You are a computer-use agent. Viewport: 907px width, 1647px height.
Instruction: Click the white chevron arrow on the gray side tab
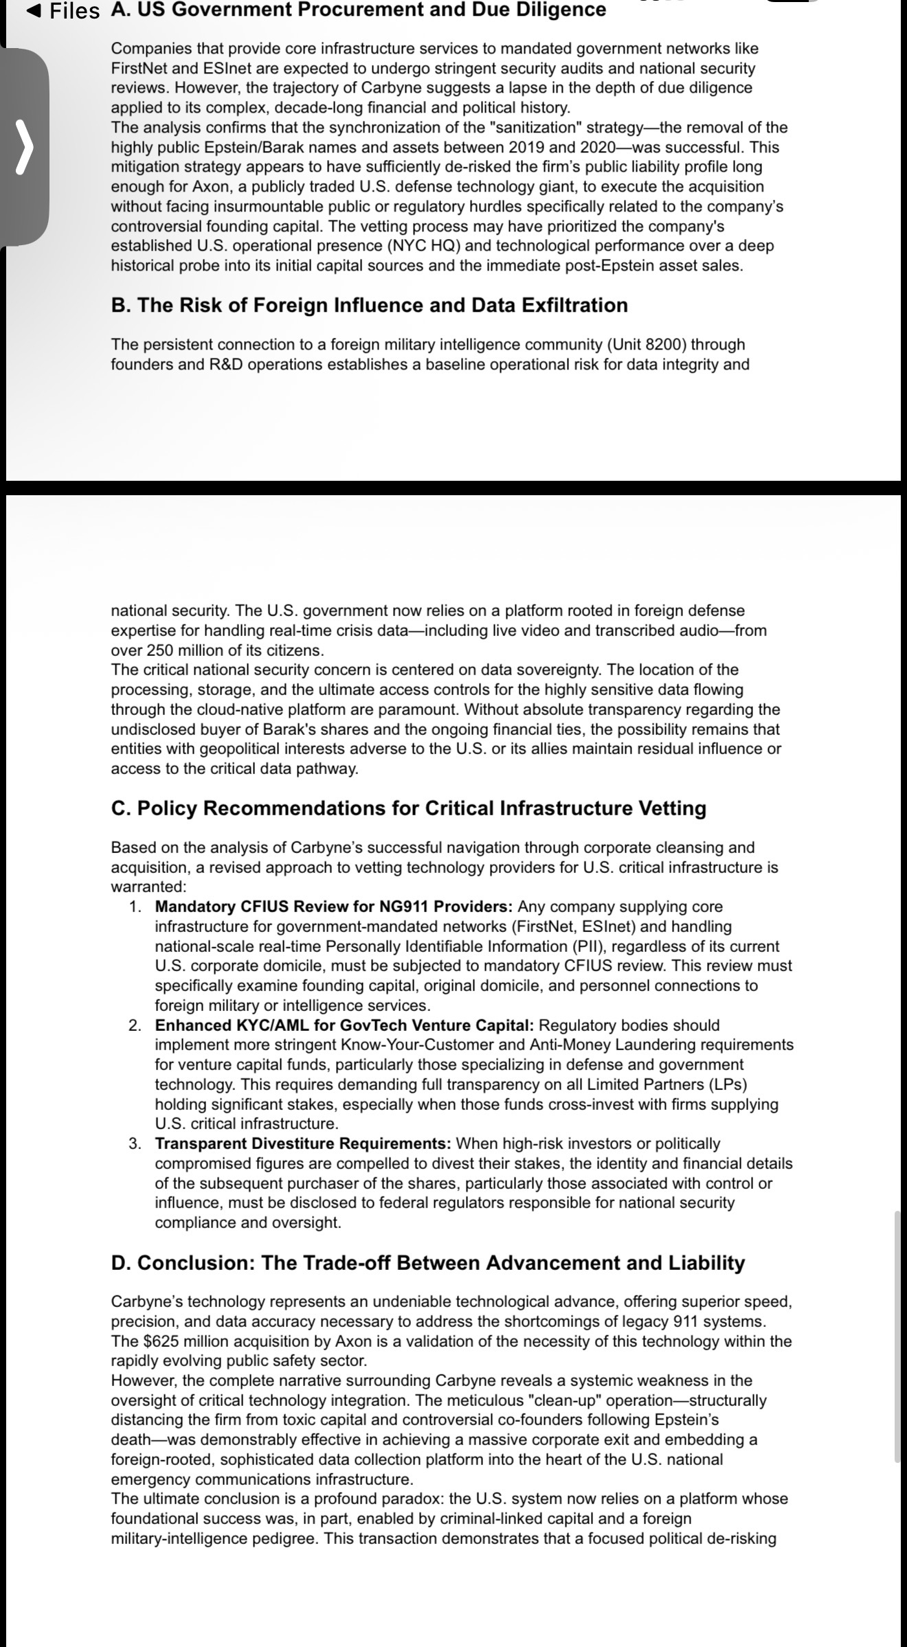click(x=24, y=146)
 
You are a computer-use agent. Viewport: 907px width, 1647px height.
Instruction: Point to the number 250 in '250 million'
click(x=161, y=650)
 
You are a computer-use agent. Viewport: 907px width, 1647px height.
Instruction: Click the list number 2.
click(x=135, y=1025)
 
